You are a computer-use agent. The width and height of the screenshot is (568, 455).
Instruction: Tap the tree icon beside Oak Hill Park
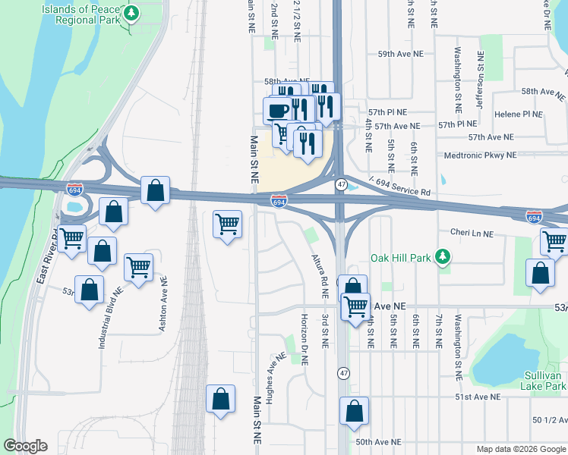[x=443, y=258]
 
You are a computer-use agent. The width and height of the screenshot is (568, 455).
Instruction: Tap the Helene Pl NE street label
[x=518, y=114]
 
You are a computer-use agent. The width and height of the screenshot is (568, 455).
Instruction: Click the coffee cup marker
[x=277, y=111]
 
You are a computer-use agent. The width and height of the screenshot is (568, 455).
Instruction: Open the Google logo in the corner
[x=25, y=446]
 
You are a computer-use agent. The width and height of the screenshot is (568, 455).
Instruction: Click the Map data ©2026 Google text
[x=520, y=449]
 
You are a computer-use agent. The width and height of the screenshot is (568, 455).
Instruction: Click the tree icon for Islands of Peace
[x=132, y=14]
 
